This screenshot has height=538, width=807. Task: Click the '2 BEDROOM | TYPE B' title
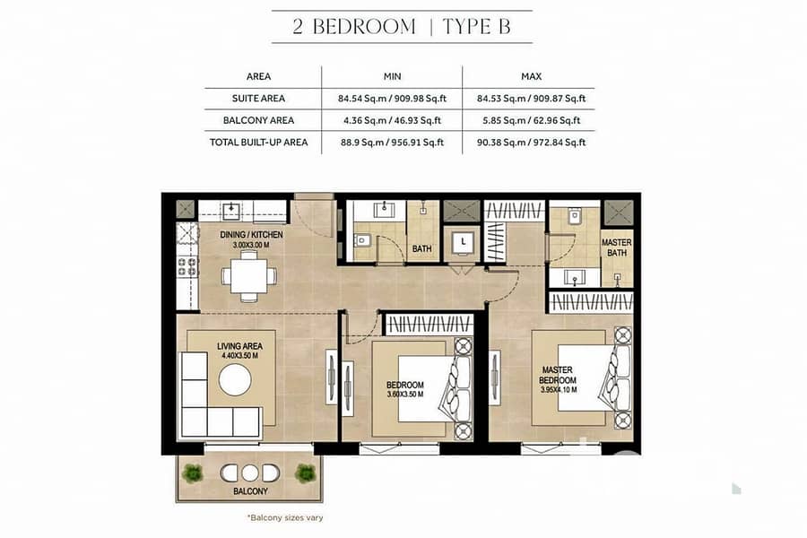(402, 27)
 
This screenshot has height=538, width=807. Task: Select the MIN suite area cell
(392, 99)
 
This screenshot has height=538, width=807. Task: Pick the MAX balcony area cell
(531, 120)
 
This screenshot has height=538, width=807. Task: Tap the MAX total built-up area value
(531, 143)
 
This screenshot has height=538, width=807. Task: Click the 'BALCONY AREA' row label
(258, 120)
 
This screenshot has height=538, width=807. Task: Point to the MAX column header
(531, 76)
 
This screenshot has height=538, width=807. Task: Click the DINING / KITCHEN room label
(251, 235)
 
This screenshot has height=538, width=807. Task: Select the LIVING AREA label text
(239, 346)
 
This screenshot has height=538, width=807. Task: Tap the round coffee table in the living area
(235, 380)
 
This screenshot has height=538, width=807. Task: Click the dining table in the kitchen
(249, 276)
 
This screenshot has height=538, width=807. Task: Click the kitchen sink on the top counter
(231, 211)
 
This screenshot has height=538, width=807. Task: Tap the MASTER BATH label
(617, 247)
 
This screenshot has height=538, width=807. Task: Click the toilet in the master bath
(575, 216)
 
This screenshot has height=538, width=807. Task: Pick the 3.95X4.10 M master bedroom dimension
(559, 390)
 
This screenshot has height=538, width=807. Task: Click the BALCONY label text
(251, 491)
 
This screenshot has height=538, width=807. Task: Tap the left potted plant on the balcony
(193, 473)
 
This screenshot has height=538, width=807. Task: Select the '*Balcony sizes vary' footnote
(285, 517)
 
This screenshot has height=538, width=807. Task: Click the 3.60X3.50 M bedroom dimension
(405, 395)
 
